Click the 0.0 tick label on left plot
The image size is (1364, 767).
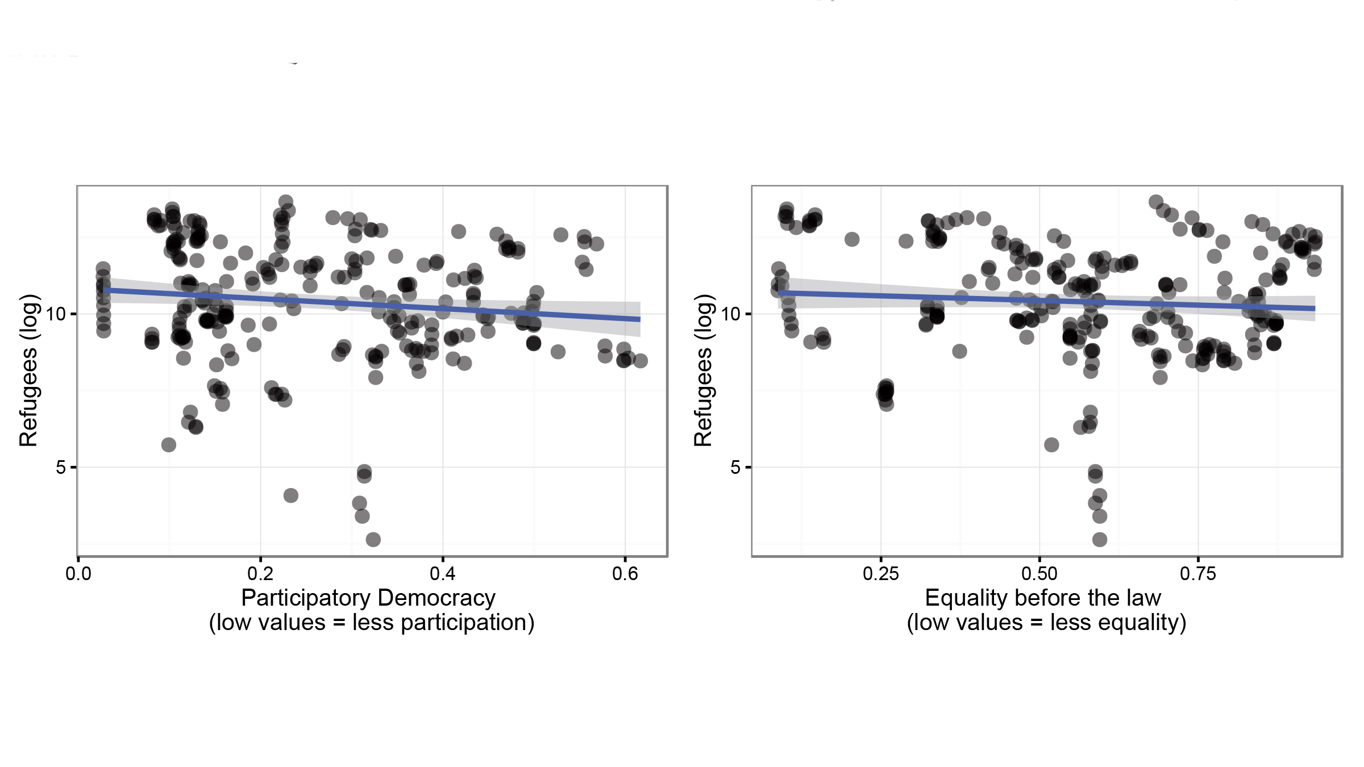[78, 574]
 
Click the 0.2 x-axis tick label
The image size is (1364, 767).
[260, 574]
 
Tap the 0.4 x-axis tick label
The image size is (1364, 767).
[443, 574]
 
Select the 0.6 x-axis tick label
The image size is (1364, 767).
[625, 574]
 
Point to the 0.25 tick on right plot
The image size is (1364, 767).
[881, 574]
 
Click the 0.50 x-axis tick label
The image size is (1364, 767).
[1039, 574]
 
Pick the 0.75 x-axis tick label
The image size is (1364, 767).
[1198, 574]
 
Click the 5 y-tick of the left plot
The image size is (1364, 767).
[61, 468]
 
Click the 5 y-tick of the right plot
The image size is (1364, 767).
[735, 468]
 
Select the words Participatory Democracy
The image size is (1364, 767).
[368, 598]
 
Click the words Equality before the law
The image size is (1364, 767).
[1043, 598]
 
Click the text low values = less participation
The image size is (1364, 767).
[372, 623]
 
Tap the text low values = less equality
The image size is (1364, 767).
[1046, 623]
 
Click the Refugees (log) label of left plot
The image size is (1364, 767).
[28, 370]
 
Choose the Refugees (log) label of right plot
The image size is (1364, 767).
[703, 370]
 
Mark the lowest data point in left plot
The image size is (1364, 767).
[373, 539]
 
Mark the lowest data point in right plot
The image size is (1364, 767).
[1100, 539]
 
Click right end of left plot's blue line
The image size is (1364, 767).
[639, 319]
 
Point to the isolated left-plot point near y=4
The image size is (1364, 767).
[290, 495]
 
